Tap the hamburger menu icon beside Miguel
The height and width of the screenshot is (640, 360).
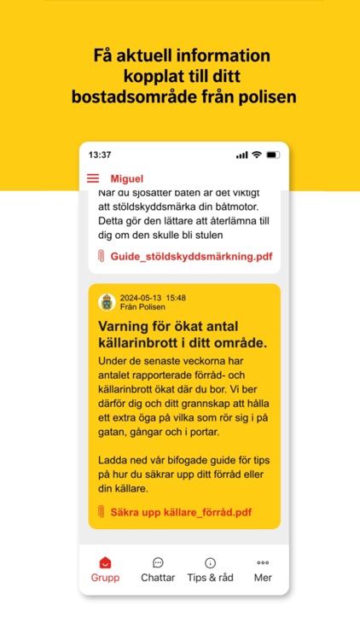coord(93,178)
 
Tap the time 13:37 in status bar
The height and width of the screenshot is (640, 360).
coord(100,154)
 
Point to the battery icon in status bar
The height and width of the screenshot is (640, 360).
coord(273,154)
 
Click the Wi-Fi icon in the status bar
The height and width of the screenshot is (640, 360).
coord(256,154)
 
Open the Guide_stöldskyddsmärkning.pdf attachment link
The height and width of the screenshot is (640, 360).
coord(190,256)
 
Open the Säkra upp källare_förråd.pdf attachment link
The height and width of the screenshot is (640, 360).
coord(181,512)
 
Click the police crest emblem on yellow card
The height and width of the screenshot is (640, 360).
coord(107,302)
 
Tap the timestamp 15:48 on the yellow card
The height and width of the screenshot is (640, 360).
coord(176,298)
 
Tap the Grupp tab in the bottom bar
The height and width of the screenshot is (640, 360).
coord(106,569)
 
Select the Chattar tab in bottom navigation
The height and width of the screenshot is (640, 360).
coord(158,569)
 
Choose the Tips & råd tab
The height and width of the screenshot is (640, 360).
coord(210,569)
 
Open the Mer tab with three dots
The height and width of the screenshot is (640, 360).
coord(263,569)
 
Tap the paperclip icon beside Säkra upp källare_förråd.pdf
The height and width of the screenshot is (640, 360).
coord(102,512)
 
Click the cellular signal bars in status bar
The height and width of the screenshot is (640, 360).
coord(241,154)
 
